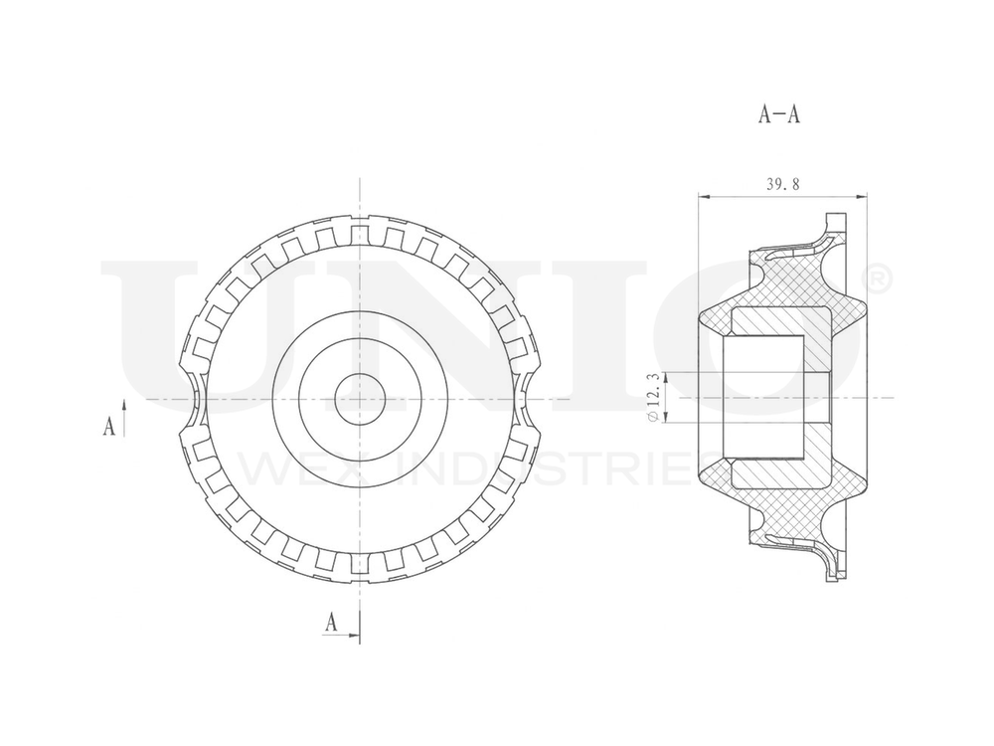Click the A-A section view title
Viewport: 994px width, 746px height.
click(779, 114)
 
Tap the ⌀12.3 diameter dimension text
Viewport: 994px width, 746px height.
click(652, 396)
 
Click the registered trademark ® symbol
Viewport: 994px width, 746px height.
click(880, 280)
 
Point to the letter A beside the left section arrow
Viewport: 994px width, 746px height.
click(108, 427)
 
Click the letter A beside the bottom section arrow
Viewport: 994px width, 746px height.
click(332, 623)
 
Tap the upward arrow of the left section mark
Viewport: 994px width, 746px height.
click(124, 410)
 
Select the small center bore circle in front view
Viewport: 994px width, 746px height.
click(359, 399)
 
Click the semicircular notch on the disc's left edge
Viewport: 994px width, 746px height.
click(191, 399)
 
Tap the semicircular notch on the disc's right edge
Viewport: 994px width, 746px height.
click(528, 399)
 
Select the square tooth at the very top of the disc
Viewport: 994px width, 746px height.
click(359, 231)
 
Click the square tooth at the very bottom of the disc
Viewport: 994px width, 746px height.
click(359, 569)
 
